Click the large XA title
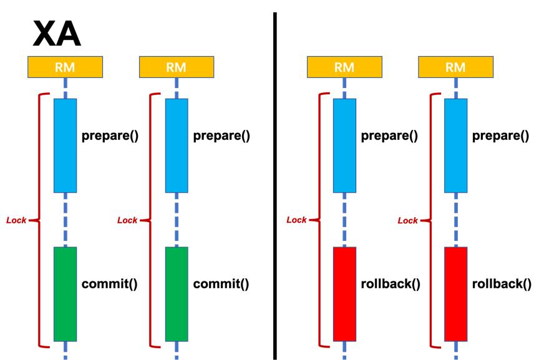[x=57, y=34]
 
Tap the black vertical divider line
[x=275, y=186]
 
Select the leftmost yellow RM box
[x=65, y=67]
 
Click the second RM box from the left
[x=177, y=67]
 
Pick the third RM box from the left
[x=344, y=67]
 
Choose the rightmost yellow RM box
[x=456, y=67]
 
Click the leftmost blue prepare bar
[x=66, y=146]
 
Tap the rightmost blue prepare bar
[x=456, y=146]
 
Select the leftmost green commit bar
[x=66, y=294]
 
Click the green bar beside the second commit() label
[x=177, y=294]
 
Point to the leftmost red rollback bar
[x=344, y=294]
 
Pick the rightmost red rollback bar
[x=456, y=294]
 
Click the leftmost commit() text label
[x=110, y=284]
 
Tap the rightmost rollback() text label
[x=502, y=284]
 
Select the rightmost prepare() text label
[x=501, y=136]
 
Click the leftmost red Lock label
[x=16, y=220]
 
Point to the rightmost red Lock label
[x=408, y=220]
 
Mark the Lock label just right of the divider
[x=296, y=220]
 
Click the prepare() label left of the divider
[x=221, y=136]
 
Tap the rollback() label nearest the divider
[x=391, y=284]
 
